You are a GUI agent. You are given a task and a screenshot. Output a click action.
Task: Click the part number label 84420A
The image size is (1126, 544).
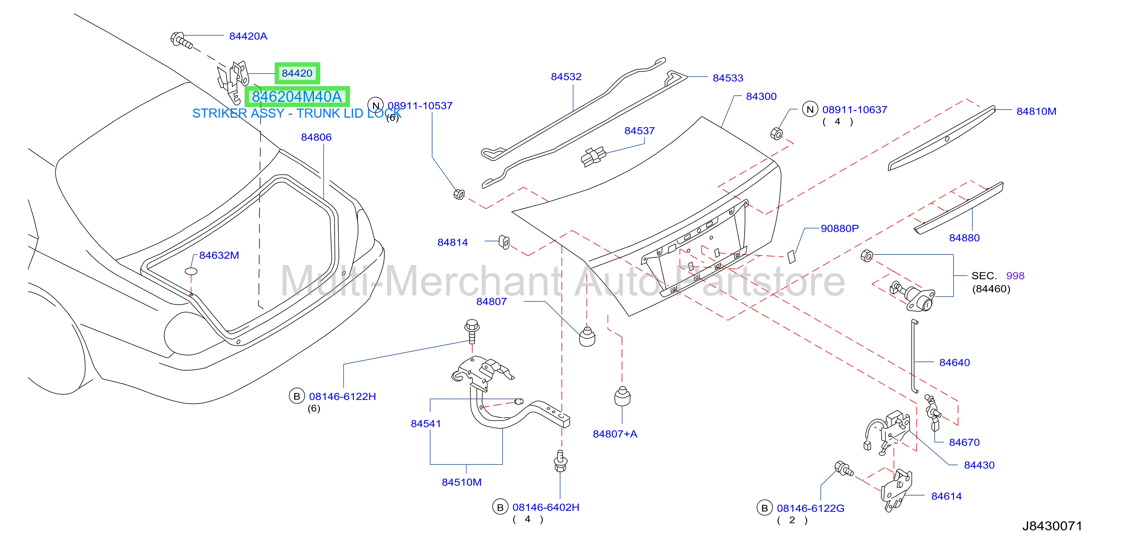[x=248, y=36]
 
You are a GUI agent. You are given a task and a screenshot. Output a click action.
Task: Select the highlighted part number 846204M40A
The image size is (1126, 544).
[x=297, y=96]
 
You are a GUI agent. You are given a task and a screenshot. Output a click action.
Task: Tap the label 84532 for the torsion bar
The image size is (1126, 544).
[x=566, y=77]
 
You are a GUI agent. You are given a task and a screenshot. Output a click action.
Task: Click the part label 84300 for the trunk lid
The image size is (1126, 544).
[x=761, y=96]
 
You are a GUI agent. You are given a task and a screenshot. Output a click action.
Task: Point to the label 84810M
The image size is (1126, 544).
[x=1036, y=111]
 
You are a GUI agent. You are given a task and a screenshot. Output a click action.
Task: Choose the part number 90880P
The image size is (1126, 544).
[x=839, y=228]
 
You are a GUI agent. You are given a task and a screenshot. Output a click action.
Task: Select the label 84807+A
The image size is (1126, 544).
[x=615, y=434]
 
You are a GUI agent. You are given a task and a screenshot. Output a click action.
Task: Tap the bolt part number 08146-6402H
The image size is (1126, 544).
[x=545, y=507]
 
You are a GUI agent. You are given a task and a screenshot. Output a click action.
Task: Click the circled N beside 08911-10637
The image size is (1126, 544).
[x=810, y=109]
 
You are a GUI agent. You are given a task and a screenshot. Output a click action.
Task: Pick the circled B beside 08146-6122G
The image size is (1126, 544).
[x=764, y=508]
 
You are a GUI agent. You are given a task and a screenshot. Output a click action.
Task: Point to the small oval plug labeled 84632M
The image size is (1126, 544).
[x=191, y=271]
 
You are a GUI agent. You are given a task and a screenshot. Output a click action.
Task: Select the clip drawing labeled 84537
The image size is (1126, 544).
[x=593, y=157]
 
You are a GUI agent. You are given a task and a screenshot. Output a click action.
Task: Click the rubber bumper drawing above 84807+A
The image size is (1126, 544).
[x=622, y=396]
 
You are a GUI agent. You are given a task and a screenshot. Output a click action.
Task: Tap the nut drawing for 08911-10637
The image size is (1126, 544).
[x=776, y=133]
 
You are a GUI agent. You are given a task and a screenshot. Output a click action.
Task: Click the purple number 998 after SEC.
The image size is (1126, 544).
[x=1015, y=276]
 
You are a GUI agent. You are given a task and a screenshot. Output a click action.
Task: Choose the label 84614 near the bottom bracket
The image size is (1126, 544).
[x=946, y=496]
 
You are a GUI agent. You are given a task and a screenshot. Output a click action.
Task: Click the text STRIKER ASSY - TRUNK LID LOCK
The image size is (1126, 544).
[x=296, y=113]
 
